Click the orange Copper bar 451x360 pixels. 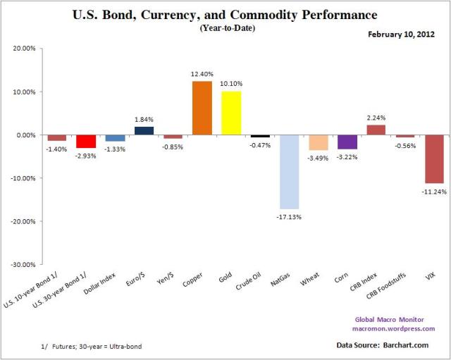click(x=202, y=108)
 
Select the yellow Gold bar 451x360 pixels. click(x=231, y=113)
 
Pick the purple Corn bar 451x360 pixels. click(x=347, y=142)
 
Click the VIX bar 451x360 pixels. click(x=433, y=159)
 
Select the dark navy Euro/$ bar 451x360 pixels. click(x=144, y=130)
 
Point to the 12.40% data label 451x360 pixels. click(x=202, y=75)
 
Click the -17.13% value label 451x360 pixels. click(x=289, y=216)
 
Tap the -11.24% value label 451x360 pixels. click(x=433, y=191)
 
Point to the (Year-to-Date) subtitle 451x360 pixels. click(x=225, y=27)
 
